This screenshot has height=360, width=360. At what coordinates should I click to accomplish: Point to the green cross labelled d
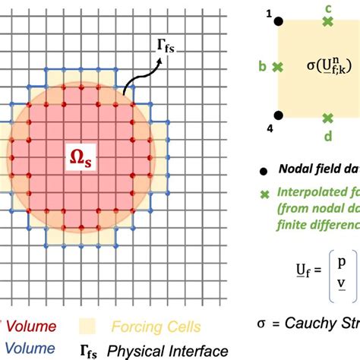click(x=328, y=117)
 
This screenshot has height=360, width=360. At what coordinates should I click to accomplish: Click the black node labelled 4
click(x=278, y=116)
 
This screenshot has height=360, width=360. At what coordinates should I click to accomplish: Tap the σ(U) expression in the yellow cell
click(x=327, y=68)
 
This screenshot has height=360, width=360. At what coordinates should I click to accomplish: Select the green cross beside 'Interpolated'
click(x=264, y=194)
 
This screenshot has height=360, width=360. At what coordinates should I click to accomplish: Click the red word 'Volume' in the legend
click(x=30, y=327)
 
